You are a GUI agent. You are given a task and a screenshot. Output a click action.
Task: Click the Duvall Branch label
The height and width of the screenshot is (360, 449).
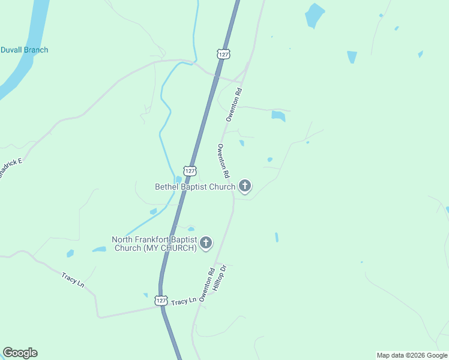coord(24,50)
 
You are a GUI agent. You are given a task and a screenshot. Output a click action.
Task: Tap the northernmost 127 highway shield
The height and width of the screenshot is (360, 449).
coord(223,54)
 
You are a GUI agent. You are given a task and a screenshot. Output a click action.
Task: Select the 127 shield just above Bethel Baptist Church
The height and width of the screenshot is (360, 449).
coord(190,171)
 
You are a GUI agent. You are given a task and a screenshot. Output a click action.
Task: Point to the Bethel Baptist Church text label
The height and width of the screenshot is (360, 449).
coord(195,187)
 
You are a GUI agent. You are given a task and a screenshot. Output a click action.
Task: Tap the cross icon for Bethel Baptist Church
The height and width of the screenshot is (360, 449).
coord(244,186)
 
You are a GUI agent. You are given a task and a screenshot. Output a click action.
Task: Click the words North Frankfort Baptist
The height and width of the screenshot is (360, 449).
coord(154,239)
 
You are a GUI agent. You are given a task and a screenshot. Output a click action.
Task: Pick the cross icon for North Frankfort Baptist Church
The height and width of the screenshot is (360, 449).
coord(206,243)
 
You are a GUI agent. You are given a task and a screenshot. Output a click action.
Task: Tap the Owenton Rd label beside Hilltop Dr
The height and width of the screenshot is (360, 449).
coord(207,286)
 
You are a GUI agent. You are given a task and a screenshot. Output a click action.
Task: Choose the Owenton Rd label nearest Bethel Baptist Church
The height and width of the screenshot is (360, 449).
coord(224,161)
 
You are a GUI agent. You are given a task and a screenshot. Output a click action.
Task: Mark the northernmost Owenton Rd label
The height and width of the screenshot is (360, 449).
coord(234,105)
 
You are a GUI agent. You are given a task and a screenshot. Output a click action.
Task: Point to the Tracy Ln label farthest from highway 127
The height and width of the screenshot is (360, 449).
coord(73,279)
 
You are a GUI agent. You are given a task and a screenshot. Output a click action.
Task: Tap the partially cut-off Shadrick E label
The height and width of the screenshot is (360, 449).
coord(10,167)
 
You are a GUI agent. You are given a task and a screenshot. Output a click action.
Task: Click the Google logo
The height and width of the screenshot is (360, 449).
coord(20,353)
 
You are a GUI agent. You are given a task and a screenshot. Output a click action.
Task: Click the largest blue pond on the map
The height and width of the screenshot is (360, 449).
coord(314,15)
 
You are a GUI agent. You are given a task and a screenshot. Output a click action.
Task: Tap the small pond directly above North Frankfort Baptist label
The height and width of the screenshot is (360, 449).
coord(191,229)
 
